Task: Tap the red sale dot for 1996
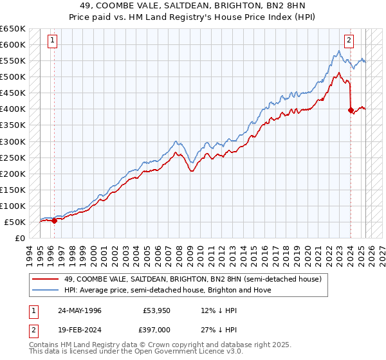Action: [x=54, y=221]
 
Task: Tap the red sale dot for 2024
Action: [x=351, y=111]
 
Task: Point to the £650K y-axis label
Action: [x=13, y=29]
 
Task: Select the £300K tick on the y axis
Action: [x=13, y=141]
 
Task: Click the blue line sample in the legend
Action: [x=46, y=290]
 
